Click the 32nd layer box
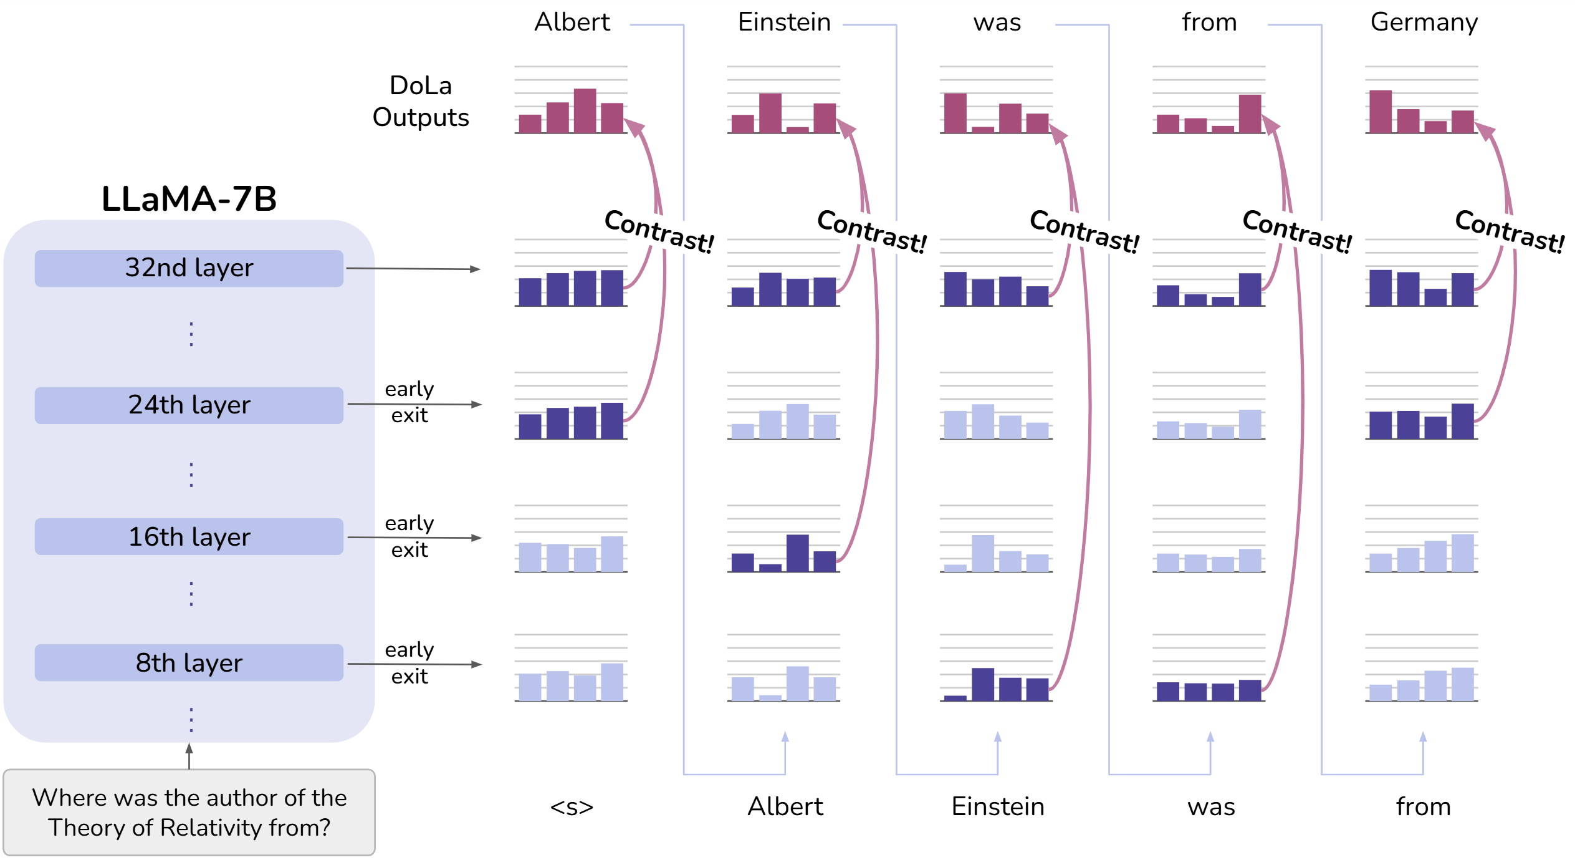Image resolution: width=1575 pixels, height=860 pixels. click(x=189, y=268)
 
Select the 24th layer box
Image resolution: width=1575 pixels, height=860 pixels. click(x=189, y=405)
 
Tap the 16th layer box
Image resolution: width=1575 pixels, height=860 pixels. click(x=189, y=537)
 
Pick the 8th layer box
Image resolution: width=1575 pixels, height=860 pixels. click(x=189, y=663)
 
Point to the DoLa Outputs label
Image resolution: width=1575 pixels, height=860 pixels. click(x=421, y=102)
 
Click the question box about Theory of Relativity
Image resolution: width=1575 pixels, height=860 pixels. click(x=189, y=812)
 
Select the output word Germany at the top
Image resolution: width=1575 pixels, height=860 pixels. click(x=1424, y=23)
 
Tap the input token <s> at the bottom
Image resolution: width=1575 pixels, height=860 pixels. click(x=572, y=807)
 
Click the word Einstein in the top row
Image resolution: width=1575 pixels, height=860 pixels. click(x=784, y=23)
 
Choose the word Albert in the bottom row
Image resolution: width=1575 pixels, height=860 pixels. click(x=785, y=807)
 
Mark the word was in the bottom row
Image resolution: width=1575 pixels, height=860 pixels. click(x=1211, y=807)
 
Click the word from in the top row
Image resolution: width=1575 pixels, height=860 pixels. click(x=1209, y=23)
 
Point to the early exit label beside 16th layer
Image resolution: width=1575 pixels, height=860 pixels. click(x=409, y=536)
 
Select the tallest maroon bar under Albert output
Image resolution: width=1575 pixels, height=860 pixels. click(x=585, y=111)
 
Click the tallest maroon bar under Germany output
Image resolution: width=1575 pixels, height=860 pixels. click(x=1381, y=112)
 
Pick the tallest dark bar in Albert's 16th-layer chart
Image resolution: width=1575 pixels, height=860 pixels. click(x=797, y=553)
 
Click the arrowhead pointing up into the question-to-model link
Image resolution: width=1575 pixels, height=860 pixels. click(x=189, y=748)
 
